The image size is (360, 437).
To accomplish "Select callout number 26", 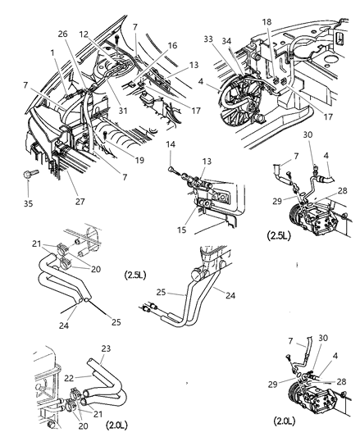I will (62, 34).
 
